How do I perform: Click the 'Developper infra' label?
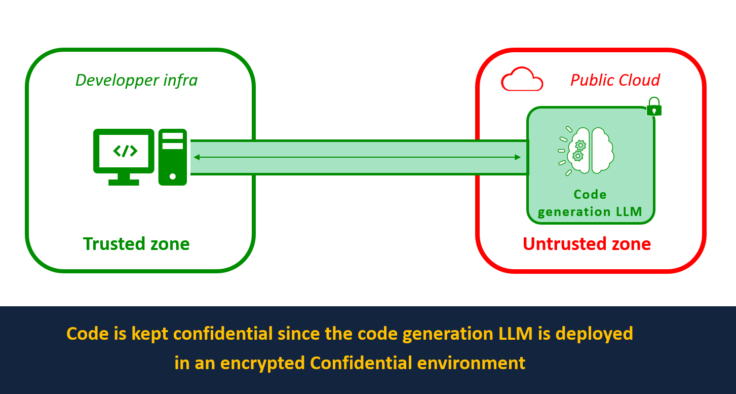136,80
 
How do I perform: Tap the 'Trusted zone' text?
136,244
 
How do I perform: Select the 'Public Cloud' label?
615,80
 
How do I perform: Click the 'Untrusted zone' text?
587,244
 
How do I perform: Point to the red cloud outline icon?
522,80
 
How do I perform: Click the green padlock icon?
654,106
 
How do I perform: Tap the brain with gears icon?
588,151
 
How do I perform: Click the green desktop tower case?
173,157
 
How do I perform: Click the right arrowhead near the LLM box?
518,158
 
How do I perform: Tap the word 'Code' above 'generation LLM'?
590,195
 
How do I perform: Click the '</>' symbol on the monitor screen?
124,151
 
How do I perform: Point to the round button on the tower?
173,176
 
